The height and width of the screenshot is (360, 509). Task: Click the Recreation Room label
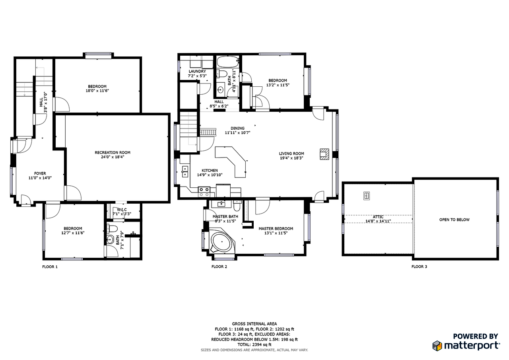(113, 152)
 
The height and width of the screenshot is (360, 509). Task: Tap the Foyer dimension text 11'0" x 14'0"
(40, 178)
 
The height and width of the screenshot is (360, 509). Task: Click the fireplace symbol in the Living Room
(324, 154)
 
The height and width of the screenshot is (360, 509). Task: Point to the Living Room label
(291, 154)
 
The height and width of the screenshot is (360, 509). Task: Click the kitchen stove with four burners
(204, 192)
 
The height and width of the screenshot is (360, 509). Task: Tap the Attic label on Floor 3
(378, 217)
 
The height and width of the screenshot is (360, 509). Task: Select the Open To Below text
(454, 220)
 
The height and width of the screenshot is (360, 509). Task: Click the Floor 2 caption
(219, 267)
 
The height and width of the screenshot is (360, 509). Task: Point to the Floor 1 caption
(50, 267)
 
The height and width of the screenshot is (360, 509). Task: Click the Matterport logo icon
(437, 345)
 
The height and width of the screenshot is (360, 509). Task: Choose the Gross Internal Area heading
(254, 324)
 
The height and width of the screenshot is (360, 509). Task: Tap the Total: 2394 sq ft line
(254, 344)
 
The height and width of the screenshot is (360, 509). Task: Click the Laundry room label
(197, 71)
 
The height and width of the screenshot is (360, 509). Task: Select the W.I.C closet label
(122, 210)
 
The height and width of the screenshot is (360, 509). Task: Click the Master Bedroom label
(276, 228)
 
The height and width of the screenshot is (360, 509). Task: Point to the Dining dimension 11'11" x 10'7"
(237, 133)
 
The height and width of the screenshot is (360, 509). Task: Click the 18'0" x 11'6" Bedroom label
(97, 91)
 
